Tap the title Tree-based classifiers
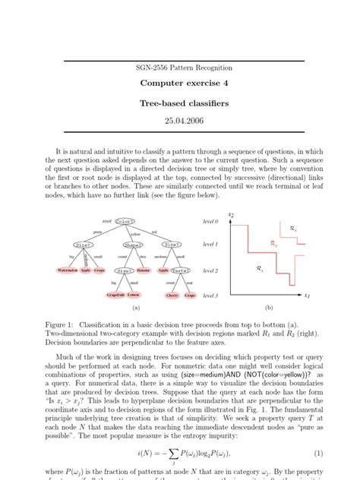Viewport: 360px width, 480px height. point(179,105)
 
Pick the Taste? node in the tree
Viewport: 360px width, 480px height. point(180,270)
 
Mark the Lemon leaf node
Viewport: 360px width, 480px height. point(134,295)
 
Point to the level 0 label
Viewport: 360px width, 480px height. point(210,220)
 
